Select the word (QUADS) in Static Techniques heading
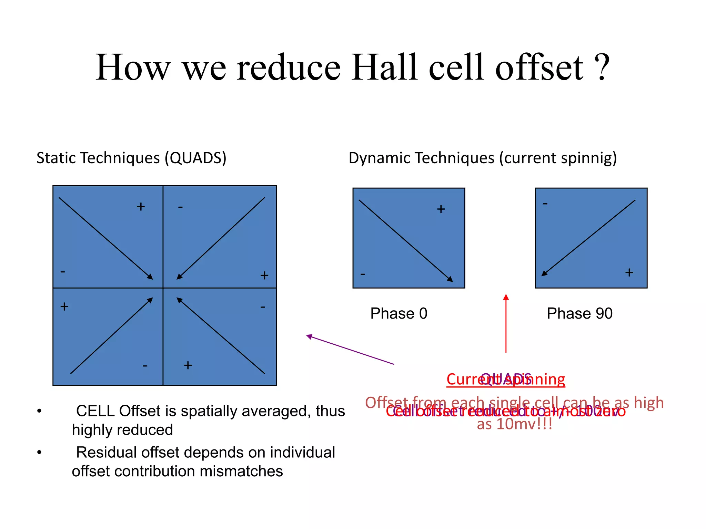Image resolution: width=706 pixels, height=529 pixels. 195,158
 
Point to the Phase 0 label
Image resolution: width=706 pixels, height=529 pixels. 399,313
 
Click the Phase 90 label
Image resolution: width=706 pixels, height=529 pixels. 579,313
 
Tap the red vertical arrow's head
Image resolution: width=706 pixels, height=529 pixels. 506,297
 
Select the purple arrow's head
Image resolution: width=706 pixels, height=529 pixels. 309,336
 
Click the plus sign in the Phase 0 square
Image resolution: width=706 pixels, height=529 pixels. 441,209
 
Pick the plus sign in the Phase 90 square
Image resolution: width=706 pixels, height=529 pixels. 629,272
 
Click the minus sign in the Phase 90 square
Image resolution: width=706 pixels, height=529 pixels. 545,204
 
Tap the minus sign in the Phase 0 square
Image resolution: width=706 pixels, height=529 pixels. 363,274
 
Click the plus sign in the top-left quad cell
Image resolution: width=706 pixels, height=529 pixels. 141,207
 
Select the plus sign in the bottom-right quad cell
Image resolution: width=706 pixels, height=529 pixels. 188,365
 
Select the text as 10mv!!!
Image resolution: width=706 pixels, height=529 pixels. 514,424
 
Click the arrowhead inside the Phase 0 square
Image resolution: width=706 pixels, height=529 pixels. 450,279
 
